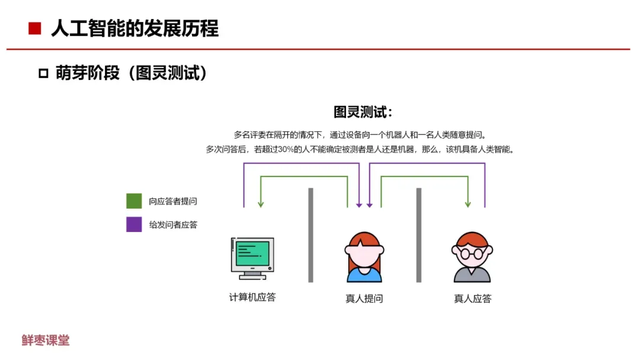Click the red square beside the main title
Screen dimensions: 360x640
pyautogui.click(x=35, y=28)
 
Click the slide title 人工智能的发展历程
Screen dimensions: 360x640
pyautogui.click(x=135, y=28)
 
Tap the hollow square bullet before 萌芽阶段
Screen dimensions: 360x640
pyautogui.click(x=43, y=73)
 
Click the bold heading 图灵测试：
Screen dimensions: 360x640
pyautogui.click(x=363, y=112)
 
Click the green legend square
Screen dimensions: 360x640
pyautogui.click(x=134, y=201)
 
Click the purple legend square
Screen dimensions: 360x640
pyautogui.click(x=134, y=224)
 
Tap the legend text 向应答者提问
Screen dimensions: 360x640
pyautogui.click(x=173, y=201)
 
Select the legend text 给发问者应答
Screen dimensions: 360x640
pyautogui.click(x=173, y=224)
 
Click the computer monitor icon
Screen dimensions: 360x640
pyautogui.click(x=252, y=258)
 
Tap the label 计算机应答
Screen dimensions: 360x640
pyautogui.click(x=252, y=297)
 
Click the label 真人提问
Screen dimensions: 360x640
pyautogui.click(x=364, y=298)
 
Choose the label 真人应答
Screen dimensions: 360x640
pyautogui.click(x=472, y=298)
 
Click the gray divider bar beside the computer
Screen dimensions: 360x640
pyautogui.click(x=311, y=235)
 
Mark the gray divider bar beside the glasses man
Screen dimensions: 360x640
pyautogui.click(x=418, y=235)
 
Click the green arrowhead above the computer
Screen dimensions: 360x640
pyautogui.click(x=261, y=204)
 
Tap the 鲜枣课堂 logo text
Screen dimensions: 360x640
pyautogui.click(x=46, y=340)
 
